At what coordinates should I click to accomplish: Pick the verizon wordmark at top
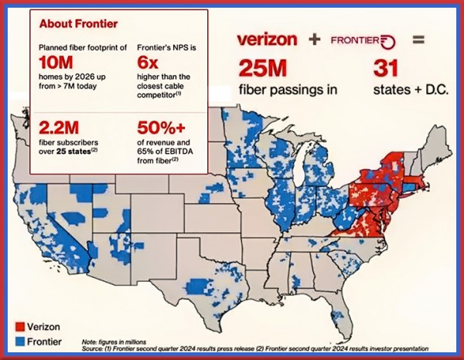point(268,39)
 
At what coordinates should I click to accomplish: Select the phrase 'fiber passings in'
point(288,89)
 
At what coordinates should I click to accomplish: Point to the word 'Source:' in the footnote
point(92,348)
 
